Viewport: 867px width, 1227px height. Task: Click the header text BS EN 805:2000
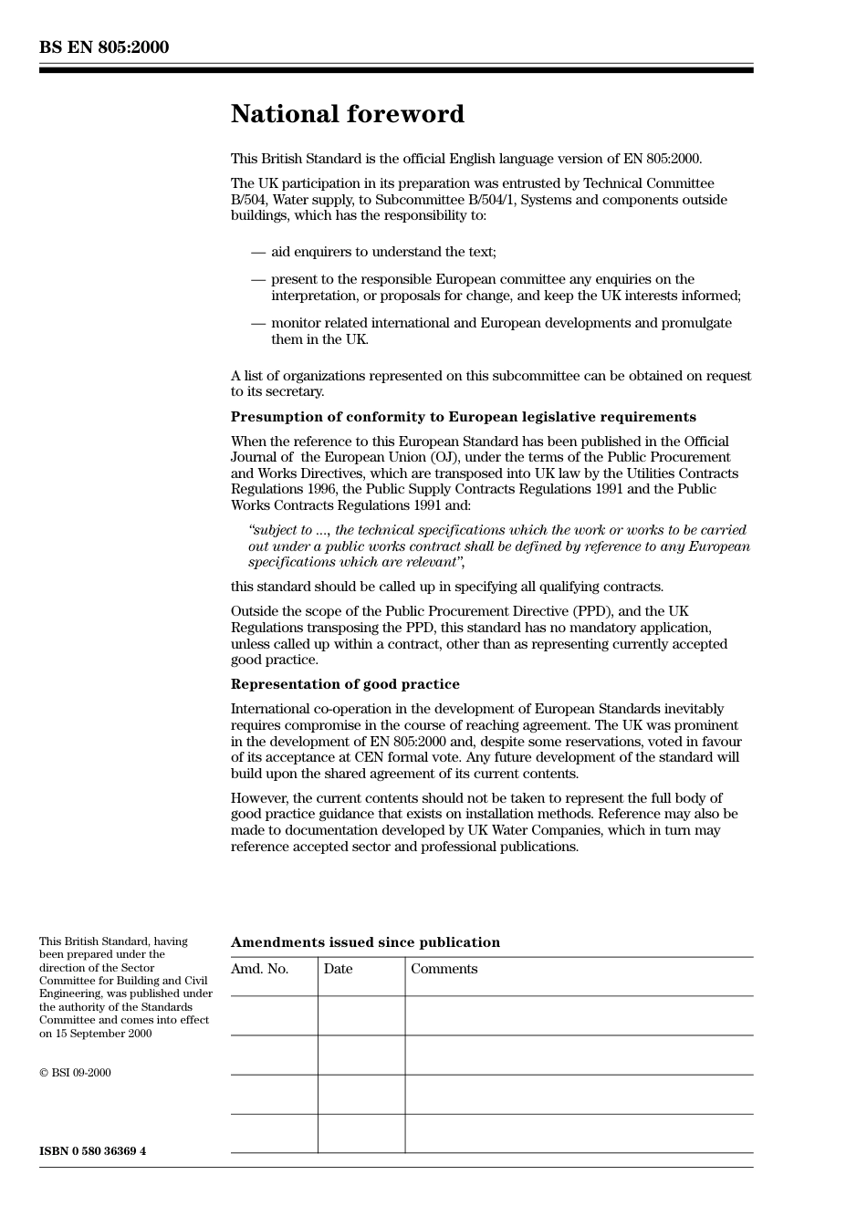click(x=103, y=47)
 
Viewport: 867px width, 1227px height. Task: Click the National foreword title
click(x=347, y=114)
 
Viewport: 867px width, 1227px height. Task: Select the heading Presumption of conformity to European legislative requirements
click(x=463, y=417)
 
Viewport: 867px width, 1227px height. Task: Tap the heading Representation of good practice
click(x=345, y=684)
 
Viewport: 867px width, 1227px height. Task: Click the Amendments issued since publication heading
click(x=365, y=942)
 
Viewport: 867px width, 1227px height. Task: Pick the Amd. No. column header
click(x=259, y=969)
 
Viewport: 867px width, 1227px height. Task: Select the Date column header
click(x=338, y=969)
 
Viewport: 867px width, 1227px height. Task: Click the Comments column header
click(x=444, y=969)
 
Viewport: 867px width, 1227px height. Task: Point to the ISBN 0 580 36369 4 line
click(x=92, y=1151)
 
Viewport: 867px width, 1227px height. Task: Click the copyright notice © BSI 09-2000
click(x=75, y=1073)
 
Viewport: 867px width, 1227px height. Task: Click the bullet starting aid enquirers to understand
click(x=383, y=252)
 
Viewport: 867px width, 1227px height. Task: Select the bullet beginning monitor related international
click(x=500, y=323)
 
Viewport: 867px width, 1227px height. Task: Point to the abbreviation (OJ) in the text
click(x=445, y=457)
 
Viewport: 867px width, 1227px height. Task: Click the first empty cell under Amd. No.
click(x=274, y=1015)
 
